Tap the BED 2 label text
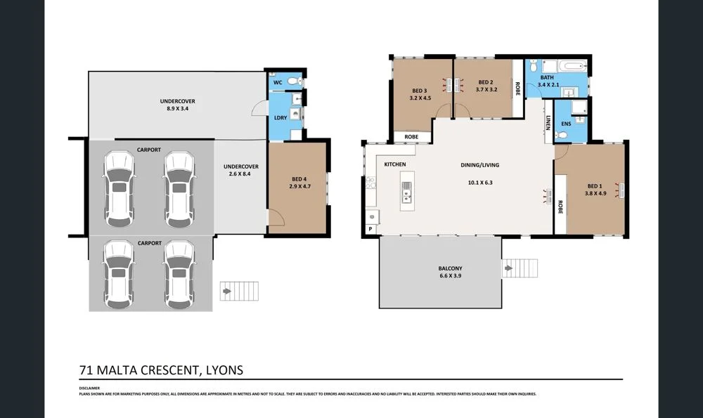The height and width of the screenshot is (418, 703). pyautogui.click(x=486, y=81)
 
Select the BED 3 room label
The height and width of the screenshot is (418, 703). pyautogui.click(x=420, y=90)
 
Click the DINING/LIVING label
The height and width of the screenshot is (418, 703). pyautogui.click(x=479, y=165)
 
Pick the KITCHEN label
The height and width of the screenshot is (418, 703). pyautogui.click(x=395, y=164)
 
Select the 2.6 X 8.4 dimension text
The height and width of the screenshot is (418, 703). pyautogui.click(x=241, y=175)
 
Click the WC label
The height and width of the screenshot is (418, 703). pyautogui.click(x=278, y=82)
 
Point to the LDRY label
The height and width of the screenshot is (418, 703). pyautogui.click(x=280, y=118)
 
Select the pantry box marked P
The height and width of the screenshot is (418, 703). pyautogui.click(x=370, y=229)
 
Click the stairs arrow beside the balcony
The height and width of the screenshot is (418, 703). pyautogui.click(x=508, y=268)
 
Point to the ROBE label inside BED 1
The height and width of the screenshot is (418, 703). pyautogui.click(x=560, y=207)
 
